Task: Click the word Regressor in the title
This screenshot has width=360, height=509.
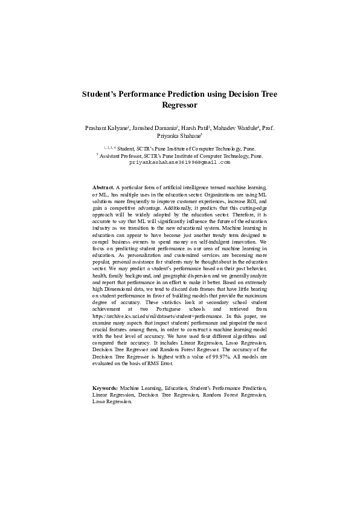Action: [180, 105]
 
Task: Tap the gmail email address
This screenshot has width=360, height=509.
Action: [180, 163]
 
